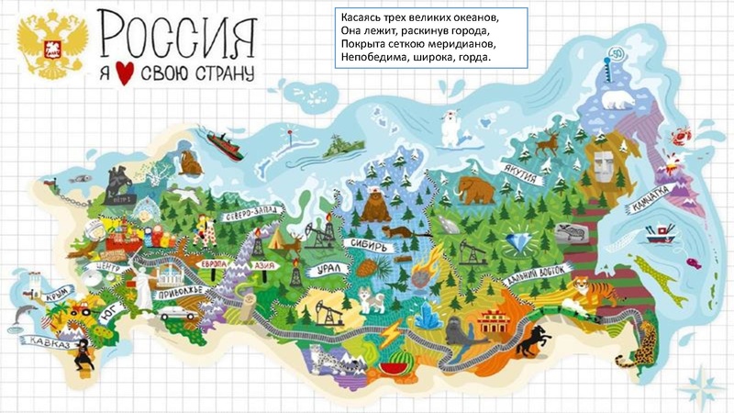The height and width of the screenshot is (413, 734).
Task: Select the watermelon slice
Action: (x=394, y=364)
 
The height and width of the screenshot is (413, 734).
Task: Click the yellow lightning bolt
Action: (x=391, y=332)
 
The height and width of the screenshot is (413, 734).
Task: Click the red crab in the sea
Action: (x=681, y=138)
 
